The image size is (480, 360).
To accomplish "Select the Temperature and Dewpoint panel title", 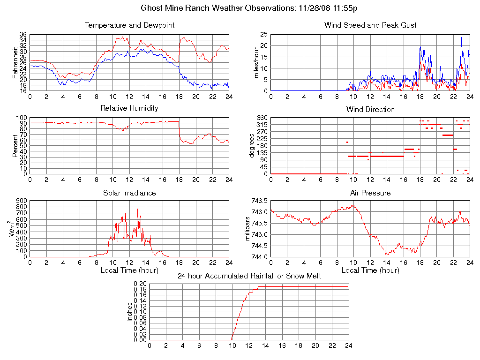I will click(129, 25).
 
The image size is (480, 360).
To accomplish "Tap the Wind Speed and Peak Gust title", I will click(370, 25).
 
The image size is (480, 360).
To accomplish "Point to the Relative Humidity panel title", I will click(129, 108).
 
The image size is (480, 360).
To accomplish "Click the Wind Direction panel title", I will click(370, 109).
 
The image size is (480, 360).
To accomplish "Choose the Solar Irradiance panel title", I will click(129, 193).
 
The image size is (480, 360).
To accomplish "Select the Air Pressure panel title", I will click(370, 193).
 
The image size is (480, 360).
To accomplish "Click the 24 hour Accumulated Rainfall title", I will click(249, 276).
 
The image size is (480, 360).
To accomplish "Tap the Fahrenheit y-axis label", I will click(15, 63).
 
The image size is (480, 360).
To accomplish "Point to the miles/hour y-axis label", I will click(256, 63).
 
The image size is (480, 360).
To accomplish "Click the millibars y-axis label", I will click(248, 229).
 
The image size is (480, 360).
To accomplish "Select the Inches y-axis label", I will click(130, 312).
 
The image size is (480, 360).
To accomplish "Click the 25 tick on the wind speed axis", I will click(264, 35).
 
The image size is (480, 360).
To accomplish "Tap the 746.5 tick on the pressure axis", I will click(259, 201).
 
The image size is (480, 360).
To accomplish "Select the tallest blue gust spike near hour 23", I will click(461, 37).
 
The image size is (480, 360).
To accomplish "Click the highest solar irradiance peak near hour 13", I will click(138, 209).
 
